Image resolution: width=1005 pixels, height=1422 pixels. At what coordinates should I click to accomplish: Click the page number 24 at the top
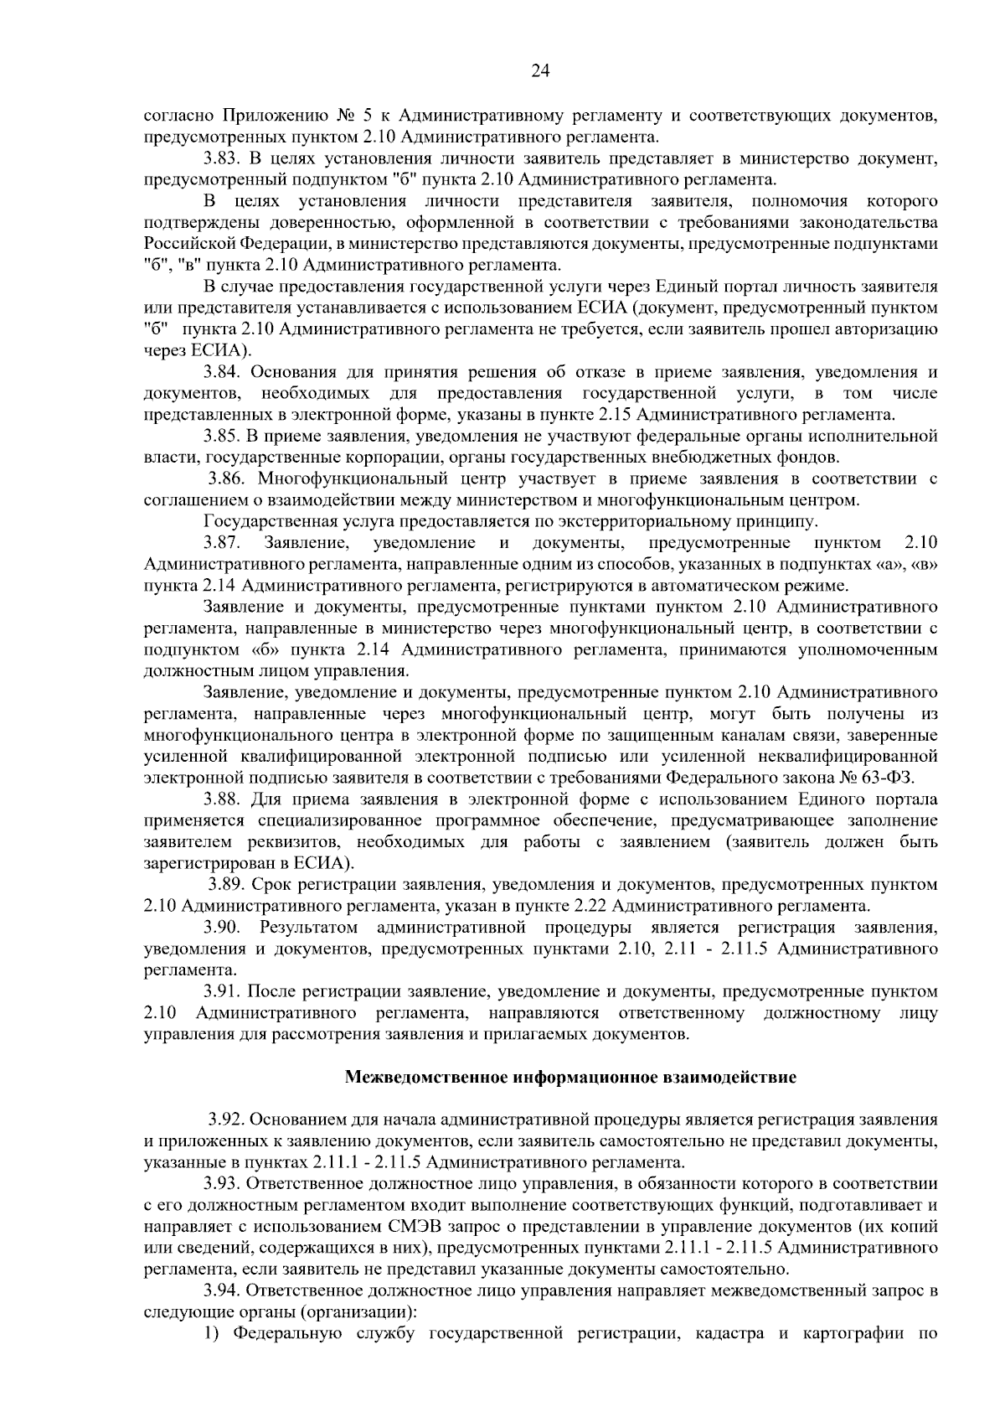[540, 71]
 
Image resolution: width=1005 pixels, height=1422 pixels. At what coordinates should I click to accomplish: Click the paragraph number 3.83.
[222, 158]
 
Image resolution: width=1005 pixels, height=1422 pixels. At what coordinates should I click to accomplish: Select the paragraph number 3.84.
[222, 372]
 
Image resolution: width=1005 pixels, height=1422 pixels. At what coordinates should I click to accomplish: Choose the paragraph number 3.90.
[222, 928]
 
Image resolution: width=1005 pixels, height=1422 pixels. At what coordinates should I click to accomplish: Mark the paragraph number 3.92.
[226, 1120]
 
